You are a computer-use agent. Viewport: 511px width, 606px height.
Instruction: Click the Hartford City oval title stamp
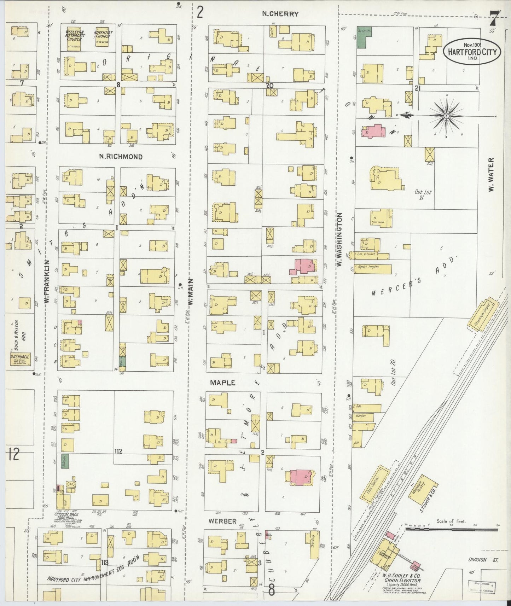[472, 52]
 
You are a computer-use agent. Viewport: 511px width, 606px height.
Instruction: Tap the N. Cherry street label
[280, 14]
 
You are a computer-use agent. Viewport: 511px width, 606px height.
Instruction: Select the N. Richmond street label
[121, 157]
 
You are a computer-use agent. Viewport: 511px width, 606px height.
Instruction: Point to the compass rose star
[446, 116]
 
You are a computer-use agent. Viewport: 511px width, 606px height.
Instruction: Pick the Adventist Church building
[103, 38]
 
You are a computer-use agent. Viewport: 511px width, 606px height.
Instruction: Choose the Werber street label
[222, 521]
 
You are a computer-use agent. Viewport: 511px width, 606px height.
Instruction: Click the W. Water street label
[491, 175]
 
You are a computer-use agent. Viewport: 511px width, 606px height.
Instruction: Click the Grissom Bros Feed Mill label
[66, 517]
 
